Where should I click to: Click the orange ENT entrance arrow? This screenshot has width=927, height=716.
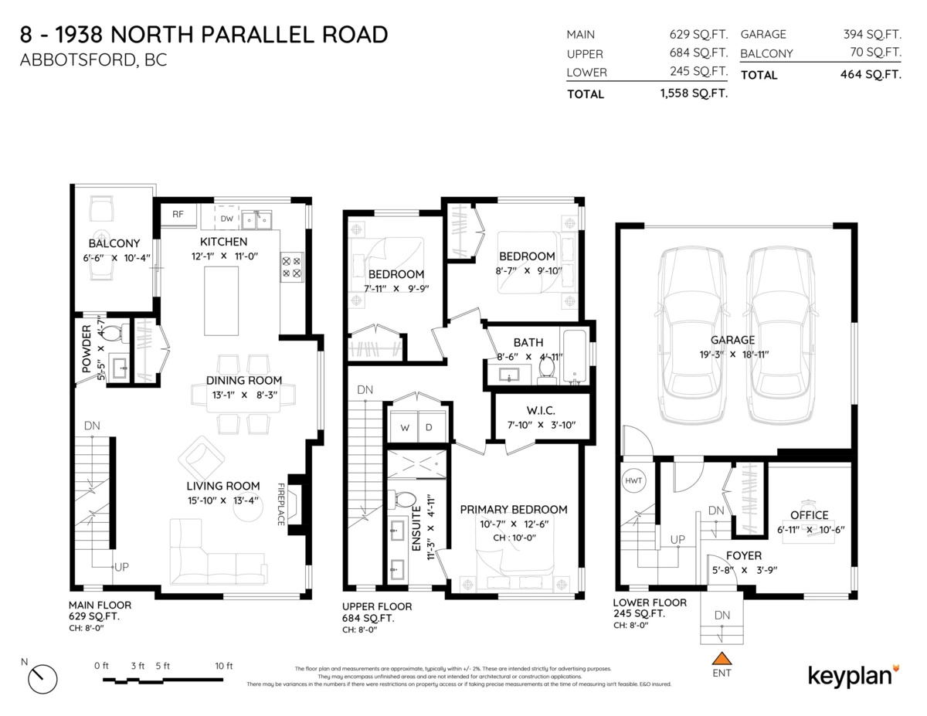coord(722,659)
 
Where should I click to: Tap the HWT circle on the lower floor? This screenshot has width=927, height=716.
coord(633,481)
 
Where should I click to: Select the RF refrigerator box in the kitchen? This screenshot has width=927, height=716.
coord(178,215)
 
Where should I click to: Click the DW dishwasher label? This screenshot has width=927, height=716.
coord(226,219)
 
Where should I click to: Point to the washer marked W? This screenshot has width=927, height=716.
coord(404,426)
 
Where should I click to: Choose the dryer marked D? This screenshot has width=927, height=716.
coord(430,426)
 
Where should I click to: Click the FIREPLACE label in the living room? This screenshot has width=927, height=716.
coord(281,504)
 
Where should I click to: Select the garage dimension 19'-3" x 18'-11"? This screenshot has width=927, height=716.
coord(734,355)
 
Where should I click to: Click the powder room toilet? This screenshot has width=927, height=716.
coord(114,334)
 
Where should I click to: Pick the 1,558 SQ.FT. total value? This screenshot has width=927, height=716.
coord(693,93)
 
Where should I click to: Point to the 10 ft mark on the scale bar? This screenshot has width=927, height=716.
coord(223,666)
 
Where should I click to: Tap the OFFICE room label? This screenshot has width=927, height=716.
coord(809,515)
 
